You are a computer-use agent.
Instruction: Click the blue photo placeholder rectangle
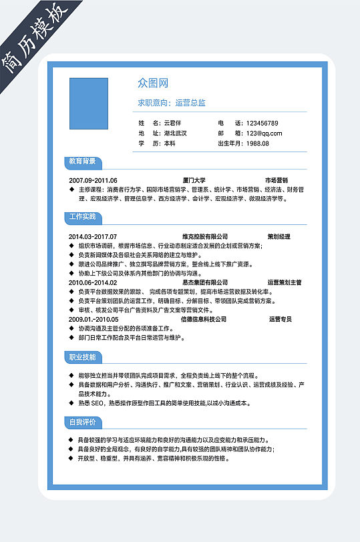point(89,103)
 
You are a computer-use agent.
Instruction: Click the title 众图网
point(153,83)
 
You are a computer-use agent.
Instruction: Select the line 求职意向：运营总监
point(172,103)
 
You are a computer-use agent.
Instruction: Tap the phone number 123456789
point(262,123)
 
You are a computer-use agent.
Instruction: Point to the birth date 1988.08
point(258,144)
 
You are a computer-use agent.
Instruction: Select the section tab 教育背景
point(82,162)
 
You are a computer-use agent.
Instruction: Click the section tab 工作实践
point(82,217)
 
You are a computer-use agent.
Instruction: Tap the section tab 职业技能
point(82,357)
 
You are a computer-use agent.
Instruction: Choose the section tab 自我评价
point(82,422)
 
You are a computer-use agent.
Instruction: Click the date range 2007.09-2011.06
point(93,181)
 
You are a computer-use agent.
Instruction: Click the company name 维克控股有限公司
point(205,237)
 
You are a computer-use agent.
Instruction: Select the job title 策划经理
point(279,237)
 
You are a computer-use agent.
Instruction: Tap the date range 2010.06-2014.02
point(93,283)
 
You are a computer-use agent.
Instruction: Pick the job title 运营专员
point(281,320)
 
